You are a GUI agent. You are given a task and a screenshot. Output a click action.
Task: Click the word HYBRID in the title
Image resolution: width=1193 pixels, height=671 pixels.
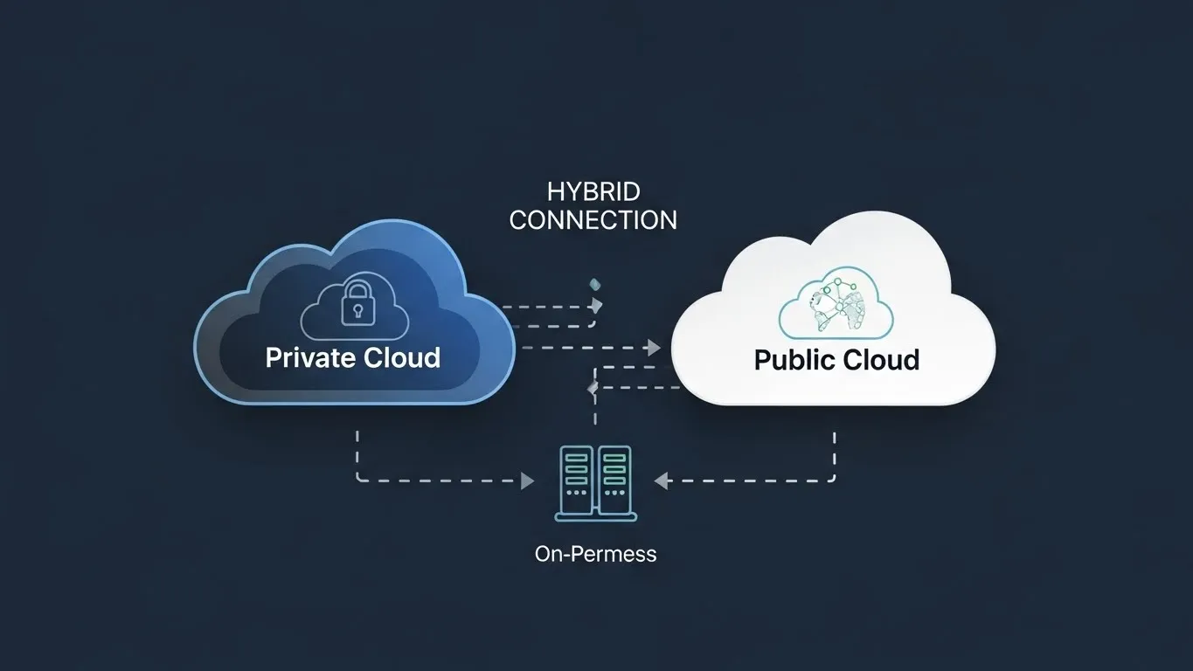(x=593, y=191)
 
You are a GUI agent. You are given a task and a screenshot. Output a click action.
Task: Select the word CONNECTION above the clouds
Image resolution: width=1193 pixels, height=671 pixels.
(x=593, y=219)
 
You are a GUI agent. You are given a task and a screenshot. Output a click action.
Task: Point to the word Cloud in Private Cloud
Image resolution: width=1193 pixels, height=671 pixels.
(x=402, y=357)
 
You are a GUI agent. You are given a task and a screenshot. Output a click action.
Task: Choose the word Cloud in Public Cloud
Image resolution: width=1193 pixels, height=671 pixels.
(x=880, y=359)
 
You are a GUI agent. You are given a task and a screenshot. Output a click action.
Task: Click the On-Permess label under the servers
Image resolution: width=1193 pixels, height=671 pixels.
(x=595, y=553)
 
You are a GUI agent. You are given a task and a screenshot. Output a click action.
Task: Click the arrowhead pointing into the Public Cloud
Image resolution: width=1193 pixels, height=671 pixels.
(x=652, y=348)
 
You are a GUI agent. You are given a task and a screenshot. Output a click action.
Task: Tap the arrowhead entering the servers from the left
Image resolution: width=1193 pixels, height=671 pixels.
(x=527, y=481)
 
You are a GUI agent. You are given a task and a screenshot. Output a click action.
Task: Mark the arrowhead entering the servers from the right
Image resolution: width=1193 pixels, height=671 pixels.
(x=662, y=480)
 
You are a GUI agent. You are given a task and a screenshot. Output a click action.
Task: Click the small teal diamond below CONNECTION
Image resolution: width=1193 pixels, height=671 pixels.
(x=595, y=284)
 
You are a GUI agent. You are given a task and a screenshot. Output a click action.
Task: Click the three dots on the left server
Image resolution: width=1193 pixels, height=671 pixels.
(x=575, y=493)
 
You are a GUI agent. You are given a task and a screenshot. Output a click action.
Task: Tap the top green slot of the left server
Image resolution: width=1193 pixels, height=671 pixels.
(x=575, y=458)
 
